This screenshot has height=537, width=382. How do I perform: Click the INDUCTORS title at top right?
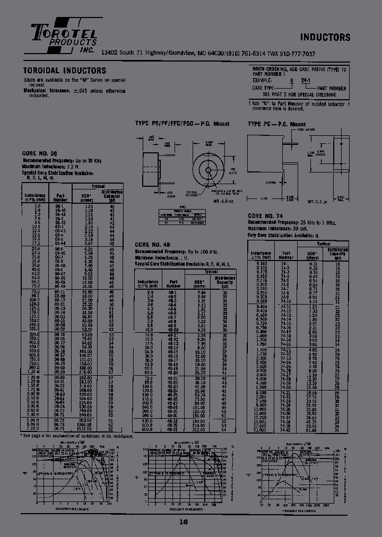(x=325, y=37)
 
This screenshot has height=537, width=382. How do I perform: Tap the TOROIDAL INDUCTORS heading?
(x=64, y=71)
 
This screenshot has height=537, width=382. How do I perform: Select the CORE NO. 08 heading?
(x=40, y=152)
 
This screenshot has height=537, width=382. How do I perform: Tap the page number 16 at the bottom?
(x=184, y=522)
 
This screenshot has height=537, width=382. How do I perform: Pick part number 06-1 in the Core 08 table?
(x=59, y=206)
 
